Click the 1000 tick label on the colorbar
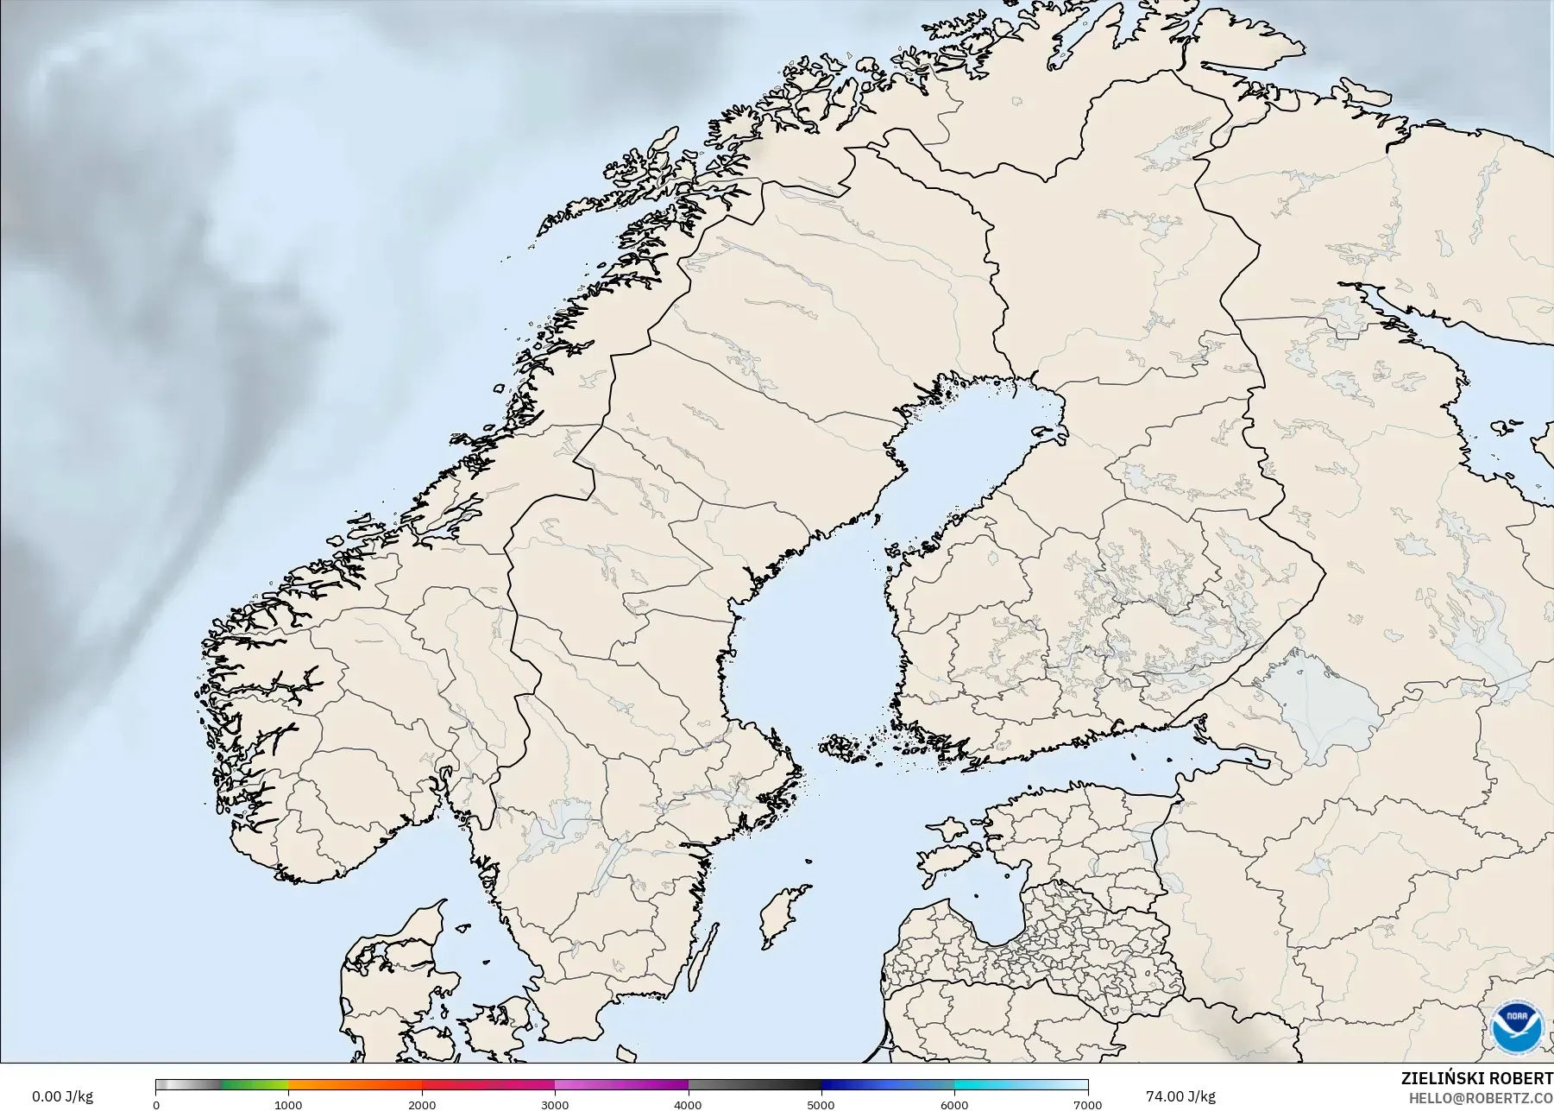[x=288, y=1104]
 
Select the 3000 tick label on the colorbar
[x=555, y=1104]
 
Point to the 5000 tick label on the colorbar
[x=821, y=1104]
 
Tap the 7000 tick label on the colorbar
[x=1087, y=1104]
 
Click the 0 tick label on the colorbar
[x=156, y=1104]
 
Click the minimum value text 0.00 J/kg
[x=62, y=1096]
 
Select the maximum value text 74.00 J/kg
[x=1180, y=1096]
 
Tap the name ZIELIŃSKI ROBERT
[x=1476, y=1079]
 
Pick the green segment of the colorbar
[x=255, y=1085]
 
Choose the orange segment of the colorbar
[x=354, y=1085]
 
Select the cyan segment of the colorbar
[x=984, y=1085]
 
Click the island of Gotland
[x=781, y=915]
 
